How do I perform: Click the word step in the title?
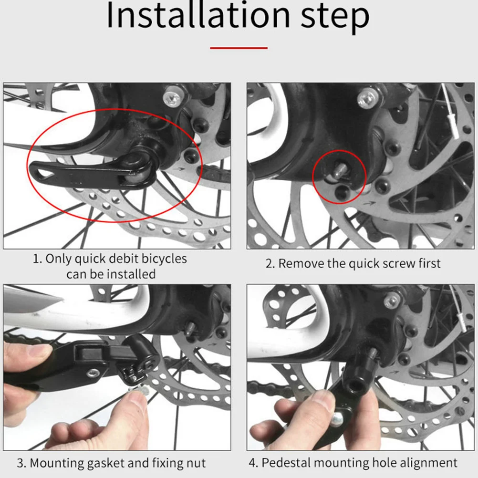335,18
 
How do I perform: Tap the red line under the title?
239,48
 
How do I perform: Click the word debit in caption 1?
123,259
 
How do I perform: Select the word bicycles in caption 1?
164,259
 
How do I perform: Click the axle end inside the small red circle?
339,170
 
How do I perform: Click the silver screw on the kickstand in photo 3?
93,373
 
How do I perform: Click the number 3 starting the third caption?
21,463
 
